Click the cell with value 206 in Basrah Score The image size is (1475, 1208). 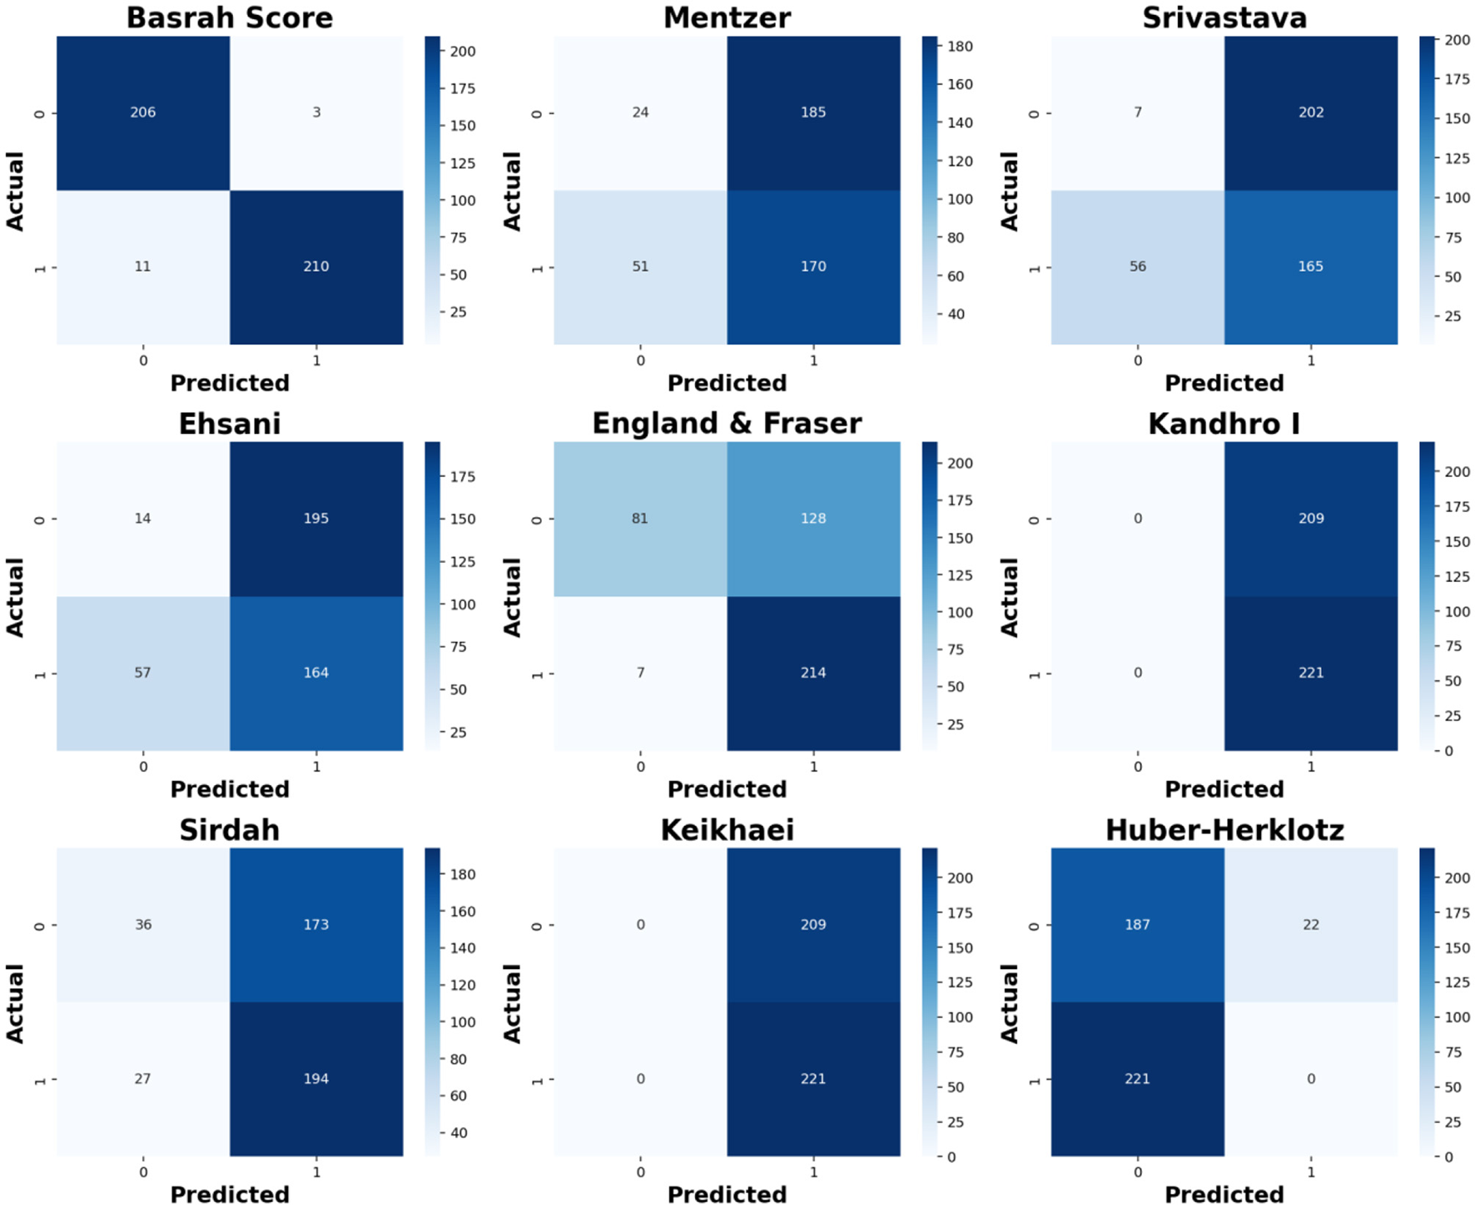[143, 112]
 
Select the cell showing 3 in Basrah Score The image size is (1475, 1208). [316, 112]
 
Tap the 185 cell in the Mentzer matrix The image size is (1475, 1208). [813, 112]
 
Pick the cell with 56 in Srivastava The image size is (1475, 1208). [1137, 266]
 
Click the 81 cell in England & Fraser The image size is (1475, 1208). [640, 518]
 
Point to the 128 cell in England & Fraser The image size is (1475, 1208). [813, 518]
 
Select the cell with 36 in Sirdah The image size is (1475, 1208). [143, 924]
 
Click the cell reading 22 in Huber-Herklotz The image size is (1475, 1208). [1311, 924]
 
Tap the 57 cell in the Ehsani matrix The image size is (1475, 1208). [143, 673]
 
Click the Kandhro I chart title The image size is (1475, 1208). [1224, 424]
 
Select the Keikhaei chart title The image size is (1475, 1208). [727, 830]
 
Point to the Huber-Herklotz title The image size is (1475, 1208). [1224, 830]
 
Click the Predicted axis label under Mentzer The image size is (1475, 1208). [727, 383]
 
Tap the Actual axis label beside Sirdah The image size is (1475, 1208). [15, 1003]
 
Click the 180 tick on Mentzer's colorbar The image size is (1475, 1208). [960, 47]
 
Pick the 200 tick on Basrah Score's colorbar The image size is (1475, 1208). [463, 52]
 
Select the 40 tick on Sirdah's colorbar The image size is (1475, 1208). [459, 1132]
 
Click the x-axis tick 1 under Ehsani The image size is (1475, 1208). [316, 767]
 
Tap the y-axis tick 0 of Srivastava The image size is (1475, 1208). [1035, 113]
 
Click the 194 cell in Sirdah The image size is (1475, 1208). [316, 1078]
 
